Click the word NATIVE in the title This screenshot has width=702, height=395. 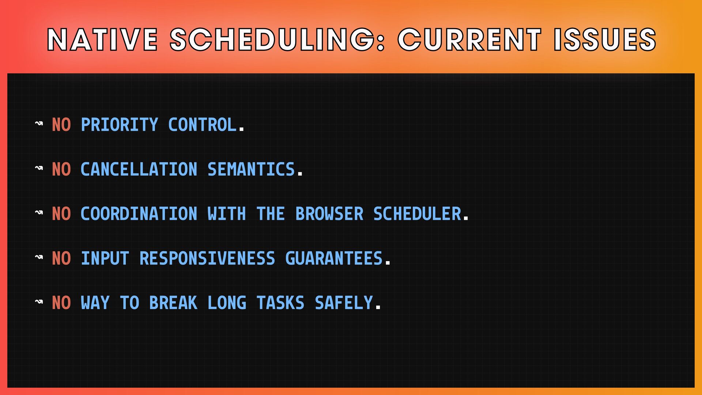pos(102,39)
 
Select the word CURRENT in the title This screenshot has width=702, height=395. pos(469,39)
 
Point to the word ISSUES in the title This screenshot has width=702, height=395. pos(605,39)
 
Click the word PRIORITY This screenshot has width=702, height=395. pos(120,125)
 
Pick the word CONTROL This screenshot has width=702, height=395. pos(202,125)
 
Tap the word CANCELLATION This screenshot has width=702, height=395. pos(139,169)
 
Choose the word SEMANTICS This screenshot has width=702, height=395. pos(251,169)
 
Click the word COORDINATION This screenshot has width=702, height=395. pos(139,214)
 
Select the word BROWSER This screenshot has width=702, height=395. pos(329,214)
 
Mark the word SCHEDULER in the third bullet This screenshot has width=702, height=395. pos(417,214)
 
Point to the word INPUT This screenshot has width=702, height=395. pos(105,259)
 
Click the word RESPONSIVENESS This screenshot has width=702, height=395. pos(207,259)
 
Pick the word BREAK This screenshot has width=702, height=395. pos(173,303)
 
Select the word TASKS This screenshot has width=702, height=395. pos(280,303)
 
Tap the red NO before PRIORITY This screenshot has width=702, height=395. pos(61,125)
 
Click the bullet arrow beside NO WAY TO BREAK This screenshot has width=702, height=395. pos(39,302)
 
